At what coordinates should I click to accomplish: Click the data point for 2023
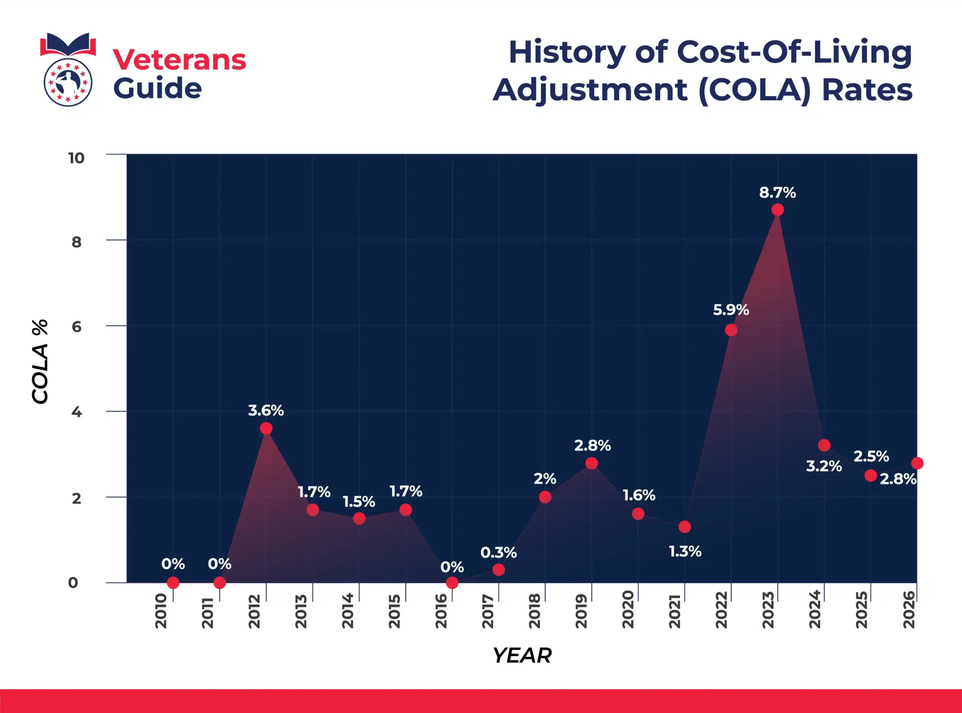click(x=777, y=210)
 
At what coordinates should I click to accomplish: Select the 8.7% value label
click(x=777, y=192)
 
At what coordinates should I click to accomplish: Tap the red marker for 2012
click(x=266, y=428)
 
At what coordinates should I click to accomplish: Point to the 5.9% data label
click(x=731, y=310)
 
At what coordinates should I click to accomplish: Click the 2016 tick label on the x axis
click(x=441, y=611)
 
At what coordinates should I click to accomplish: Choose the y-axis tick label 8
click(x=76, y=242)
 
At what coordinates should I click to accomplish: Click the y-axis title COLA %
click(x=40, y=362)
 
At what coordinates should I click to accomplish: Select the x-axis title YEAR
click(x=522, y=655)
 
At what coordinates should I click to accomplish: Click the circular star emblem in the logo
click(x=68, y=82)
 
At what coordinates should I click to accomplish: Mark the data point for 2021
click(x=685, y=527)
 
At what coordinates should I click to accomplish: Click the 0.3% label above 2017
click(x=498, y=553)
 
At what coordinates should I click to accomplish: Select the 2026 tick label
click(x=909, y=610)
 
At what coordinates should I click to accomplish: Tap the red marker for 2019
click(x=591, y=463)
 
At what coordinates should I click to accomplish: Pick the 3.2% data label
click(x=823, y=466)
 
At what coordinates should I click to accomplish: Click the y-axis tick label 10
click(x=76, y=158)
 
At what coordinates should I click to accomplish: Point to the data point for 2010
click(x=173, y=583)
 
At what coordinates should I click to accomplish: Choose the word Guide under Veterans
click(x=157, y=88)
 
